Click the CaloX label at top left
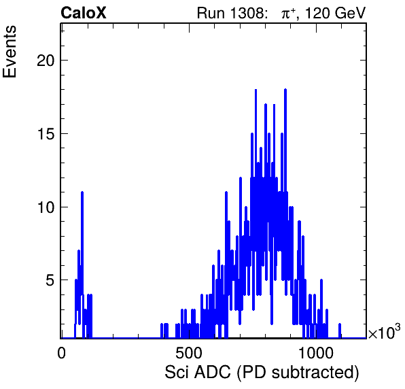point(84,13)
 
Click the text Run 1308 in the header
point(230,13)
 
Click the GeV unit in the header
point(351,13)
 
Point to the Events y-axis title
point(10,52)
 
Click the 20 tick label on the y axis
point(46,61)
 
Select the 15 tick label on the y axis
point(46,134)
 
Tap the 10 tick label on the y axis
point(46,207)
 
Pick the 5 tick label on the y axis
point(50,280)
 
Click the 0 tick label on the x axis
point(61,353)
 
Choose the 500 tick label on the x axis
point(189,353)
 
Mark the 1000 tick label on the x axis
point(316,353)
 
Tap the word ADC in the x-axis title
point(212,372)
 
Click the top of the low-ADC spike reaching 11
point(82,192)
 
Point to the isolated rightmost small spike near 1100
point(340,324)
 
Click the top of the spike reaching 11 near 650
point(226,192)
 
